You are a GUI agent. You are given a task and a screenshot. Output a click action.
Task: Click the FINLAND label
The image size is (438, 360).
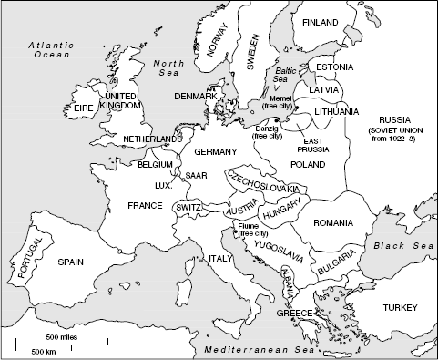click(x=320, y=22)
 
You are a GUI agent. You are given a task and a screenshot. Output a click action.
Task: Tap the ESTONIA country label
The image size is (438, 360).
click(x=334, y=67)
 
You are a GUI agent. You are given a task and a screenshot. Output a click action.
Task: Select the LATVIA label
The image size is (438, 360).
click(x=325, y=90)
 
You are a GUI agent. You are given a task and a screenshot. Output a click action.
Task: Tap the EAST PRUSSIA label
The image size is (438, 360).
click(x=318, y=146)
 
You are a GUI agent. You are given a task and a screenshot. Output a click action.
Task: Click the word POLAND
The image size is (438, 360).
click(x=307, y=164)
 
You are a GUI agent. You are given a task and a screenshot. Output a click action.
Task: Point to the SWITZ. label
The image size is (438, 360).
click(x=188, y=208)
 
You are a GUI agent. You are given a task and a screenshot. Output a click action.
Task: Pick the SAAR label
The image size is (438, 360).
click(x=196, y=175)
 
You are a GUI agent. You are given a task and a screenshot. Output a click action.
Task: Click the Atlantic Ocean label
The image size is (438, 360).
click(x=49, y=49)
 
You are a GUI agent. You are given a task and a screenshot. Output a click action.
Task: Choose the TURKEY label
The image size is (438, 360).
click(x=400, y=307)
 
